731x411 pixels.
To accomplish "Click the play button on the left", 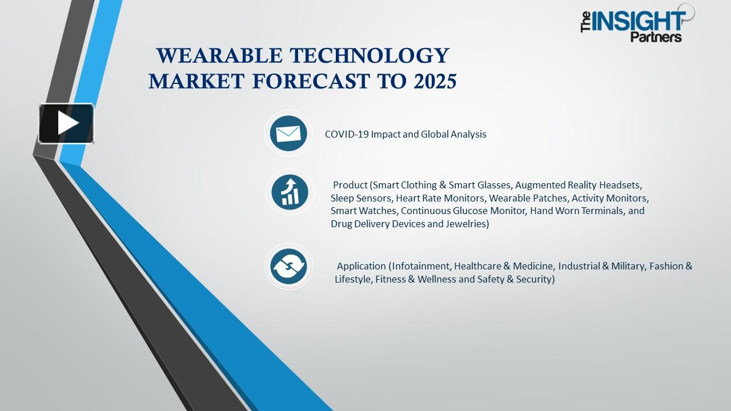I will tap(66, 123).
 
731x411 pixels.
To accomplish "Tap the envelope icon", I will tap(288, 134).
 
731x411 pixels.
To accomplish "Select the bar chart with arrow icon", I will tap(290, 192).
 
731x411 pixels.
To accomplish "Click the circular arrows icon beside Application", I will tap(289, 266).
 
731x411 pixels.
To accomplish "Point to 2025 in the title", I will tap(432, 82).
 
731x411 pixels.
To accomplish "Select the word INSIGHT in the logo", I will tap(639, 21).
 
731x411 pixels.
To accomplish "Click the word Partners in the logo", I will tap(656, 37).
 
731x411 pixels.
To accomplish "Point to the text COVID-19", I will tap(346, 134).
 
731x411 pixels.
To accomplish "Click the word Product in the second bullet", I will tap(350, 185).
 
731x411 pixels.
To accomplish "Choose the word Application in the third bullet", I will tap(362, 266).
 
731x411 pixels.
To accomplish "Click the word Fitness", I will tap(390, 279).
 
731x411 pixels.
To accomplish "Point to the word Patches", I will tap(551, 198).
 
